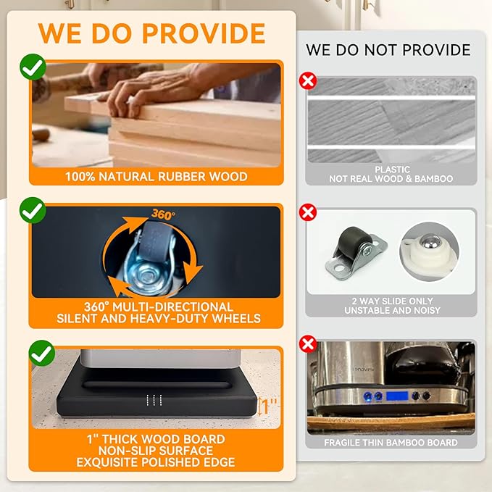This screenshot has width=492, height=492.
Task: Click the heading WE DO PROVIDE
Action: coord(151,33)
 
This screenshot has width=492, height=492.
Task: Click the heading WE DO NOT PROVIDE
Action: coord(388,50)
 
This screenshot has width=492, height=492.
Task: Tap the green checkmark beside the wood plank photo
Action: coord(33,68)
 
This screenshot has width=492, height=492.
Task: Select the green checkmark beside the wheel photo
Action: coord(33,212)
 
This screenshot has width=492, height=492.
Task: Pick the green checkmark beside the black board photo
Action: coord(42,354)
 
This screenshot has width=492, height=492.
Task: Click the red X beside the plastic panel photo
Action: coord(308,80)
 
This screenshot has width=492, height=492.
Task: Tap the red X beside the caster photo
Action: coord(308,212)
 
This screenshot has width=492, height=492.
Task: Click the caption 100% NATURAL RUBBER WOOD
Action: coord(157,176)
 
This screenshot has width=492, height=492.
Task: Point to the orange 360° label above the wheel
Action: coord(163,215)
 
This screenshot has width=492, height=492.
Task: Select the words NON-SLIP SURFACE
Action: coord(157,451)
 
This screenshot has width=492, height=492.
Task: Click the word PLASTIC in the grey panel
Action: coord(392,170)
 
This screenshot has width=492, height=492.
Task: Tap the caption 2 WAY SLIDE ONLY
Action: coord(391,301)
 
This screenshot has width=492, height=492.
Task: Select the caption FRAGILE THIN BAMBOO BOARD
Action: coord(391,442)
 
